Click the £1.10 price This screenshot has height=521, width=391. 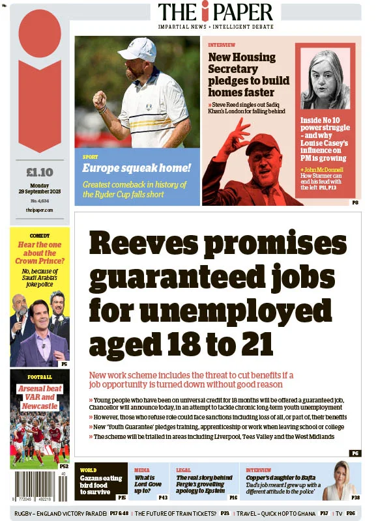coord(39,173)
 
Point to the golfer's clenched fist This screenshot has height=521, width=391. coord(99,100)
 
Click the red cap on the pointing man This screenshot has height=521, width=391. coord(261,143)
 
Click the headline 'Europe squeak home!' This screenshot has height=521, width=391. coord(136,168)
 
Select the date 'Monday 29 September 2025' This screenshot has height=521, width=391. coord(39,190)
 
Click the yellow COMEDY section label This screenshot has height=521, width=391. coord(39,235)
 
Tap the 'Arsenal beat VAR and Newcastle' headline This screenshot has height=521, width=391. coord(39,397)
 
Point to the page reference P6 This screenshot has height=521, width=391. coord(355,453)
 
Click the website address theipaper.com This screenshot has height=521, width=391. coord(39,210)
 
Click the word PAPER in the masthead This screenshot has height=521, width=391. coord(244,12)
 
